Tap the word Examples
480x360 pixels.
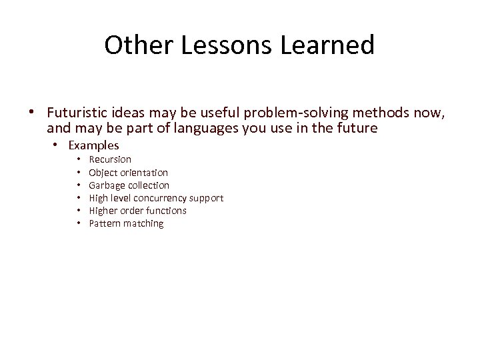click(x=94, y=145)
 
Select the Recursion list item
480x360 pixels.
click(x=110, y=160)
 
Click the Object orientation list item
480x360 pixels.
click(x=128, y=173)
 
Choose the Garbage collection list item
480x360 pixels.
click(x=129, y=185)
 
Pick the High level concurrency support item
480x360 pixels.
click(x=156, y=198)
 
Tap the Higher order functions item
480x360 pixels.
click(x=137, y=211)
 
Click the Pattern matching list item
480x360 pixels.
click(x=126, y=223)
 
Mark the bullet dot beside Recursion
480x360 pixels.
click(x=79, y=160)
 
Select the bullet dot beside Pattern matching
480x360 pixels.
click(x=79, y=223)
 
